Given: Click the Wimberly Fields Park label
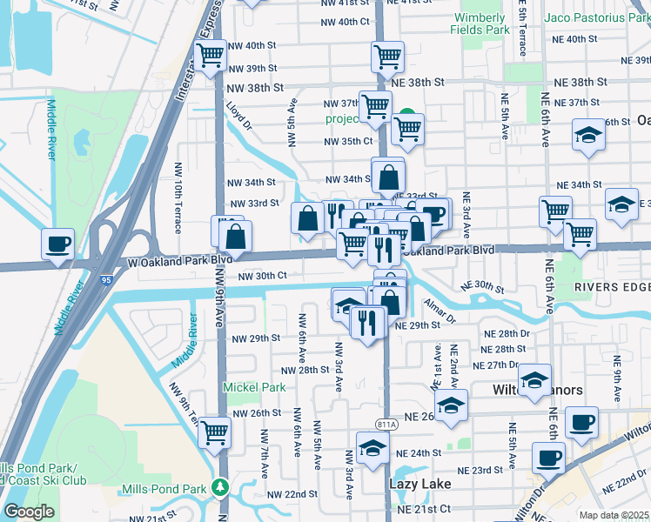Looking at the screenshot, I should [478, 23].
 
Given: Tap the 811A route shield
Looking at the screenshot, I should [386, 424].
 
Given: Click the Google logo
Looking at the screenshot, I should [28, 512].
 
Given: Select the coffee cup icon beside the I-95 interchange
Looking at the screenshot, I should [57, 244].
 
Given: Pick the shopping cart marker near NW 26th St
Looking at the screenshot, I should [214, 431].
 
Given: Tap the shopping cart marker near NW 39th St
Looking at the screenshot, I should [211, 57].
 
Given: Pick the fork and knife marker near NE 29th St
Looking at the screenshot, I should [369, 323].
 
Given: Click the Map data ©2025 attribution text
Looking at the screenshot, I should [614, 515].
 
